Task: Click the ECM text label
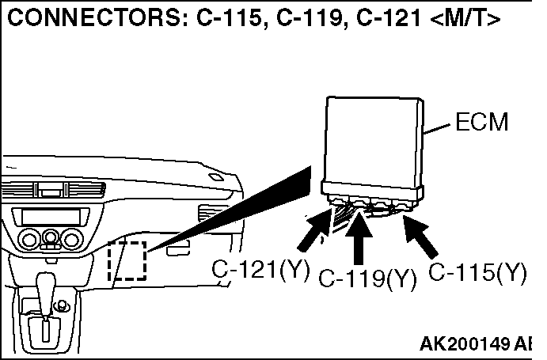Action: [x=482, y=122]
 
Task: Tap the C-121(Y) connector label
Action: [x=260, y=269]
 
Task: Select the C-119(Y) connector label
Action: [x=367, y=279]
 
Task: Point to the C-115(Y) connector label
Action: [x=477, y=272]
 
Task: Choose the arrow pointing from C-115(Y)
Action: [x=420, y=237]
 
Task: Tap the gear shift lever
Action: [x=46, y=297]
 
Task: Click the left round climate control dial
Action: [x=29, y=239]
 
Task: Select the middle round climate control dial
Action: [x=51, y=237]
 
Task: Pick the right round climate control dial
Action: [x=72, y=239]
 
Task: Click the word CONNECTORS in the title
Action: [x=93, y=17]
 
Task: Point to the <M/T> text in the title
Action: [x=465, y=17]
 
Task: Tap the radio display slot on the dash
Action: [x=51, y=217]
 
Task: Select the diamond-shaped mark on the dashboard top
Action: [x=215, y=177]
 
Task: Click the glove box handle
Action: [x=178, y=249]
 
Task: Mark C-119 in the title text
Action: [x=309, y=17]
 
